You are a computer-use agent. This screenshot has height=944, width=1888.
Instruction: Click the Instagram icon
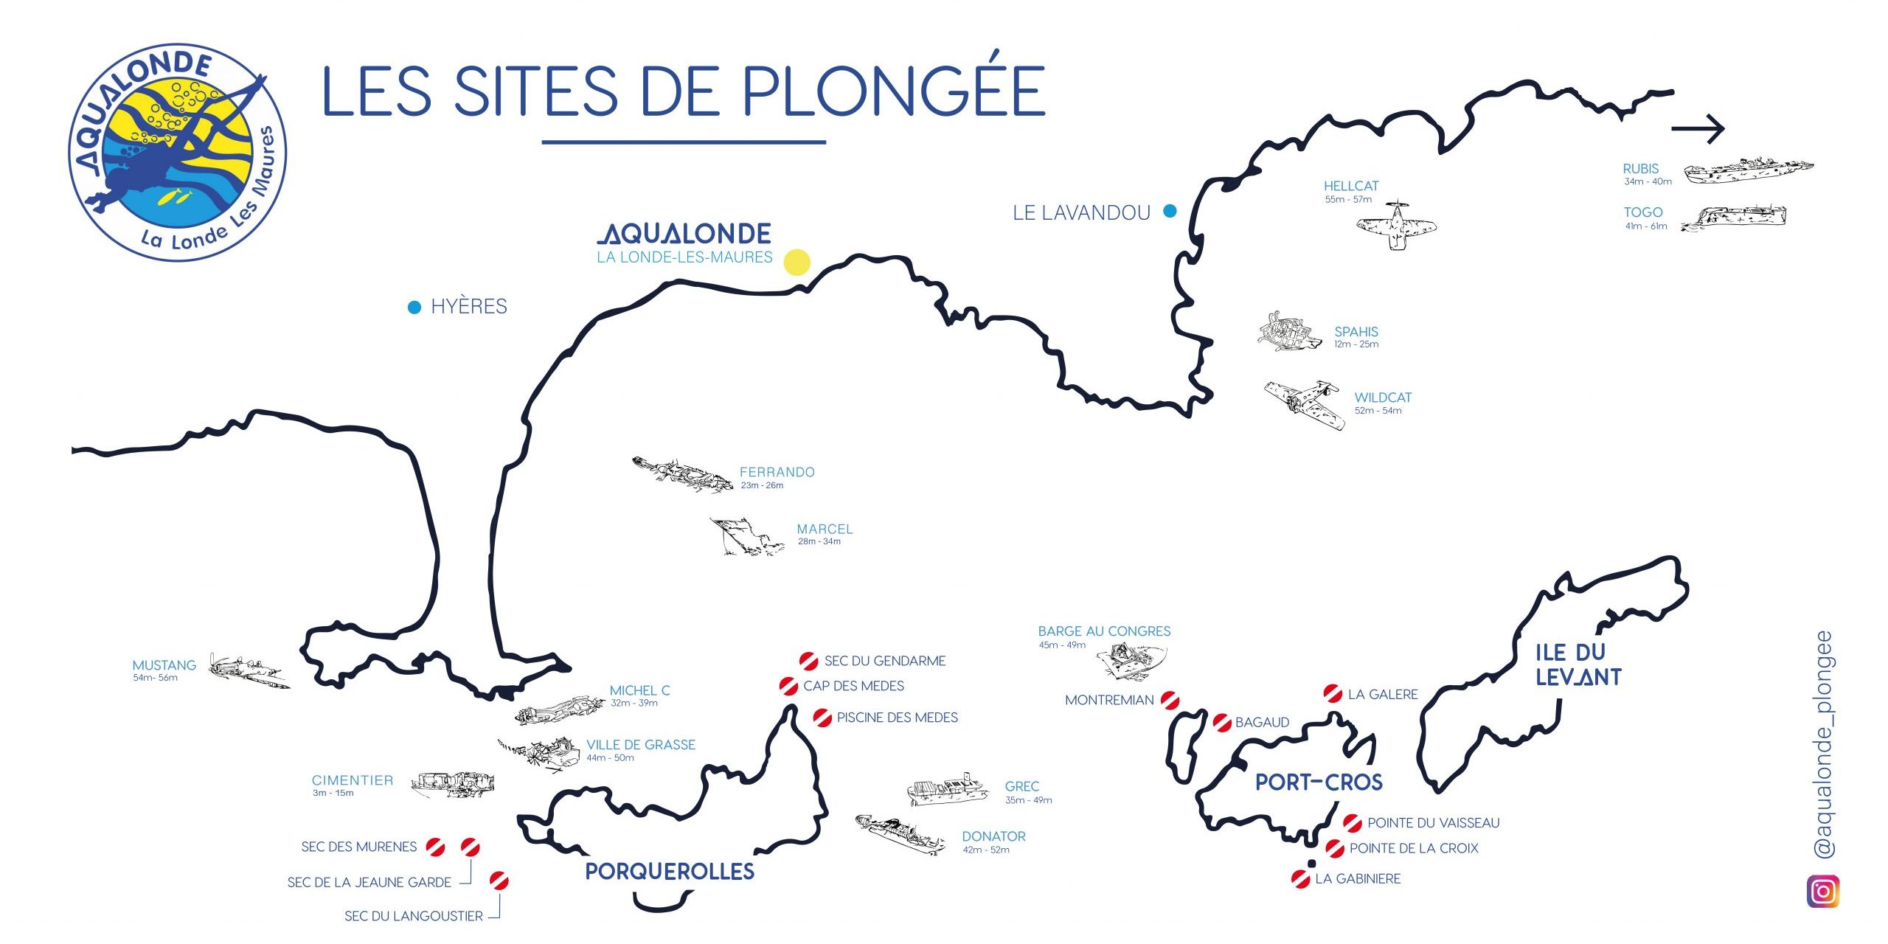(1822, 892)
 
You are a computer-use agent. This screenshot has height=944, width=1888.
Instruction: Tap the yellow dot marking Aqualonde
(796, 262)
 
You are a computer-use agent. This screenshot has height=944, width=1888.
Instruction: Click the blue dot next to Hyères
(414, 307)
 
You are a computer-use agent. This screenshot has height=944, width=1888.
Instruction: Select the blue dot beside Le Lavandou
(1170, 212)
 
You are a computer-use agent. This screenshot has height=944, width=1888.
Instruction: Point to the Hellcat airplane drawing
(1396, 225)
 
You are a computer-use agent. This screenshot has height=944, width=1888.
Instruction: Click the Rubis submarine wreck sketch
(1748, 170)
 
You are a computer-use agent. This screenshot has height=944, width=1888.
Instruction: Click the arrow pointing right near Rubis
(1698, 128)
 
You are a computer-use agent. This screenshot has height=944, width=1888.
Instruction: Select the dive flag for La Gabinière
(1301, 878)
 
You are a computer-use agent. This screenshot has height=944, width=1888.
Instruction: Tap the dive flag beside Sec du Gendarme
(808, 661)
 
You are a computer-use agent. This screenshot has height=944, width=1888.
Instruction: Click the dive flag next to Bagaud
(1222, 722)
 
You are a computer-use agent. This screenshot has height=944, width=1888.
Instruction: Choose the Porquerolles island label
(670, 872)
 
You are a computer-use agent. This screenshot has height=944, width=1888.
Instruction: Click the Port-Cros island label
(1319, 782)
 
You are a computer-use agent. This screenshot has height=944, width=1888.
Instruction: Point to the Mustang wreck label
(164, 665)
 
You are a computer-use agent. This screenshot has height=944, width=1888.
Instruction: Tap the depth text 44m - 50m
(610, 758)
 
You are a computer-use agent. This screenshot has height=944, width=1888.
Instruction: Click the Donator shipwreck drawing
(900, 835)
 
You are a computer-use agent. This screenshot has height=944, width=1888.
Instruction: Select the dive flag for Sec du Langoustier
(499, 881)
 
